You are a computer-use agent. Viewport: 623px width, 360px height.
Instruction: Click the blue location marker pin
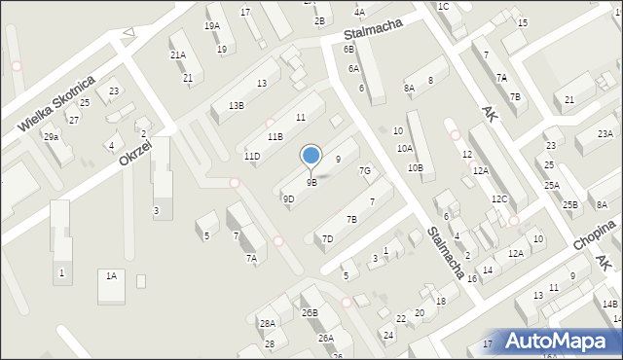click(311, 156)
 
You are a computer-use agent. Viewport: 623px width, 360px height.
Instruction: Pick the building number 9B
click(311, 182)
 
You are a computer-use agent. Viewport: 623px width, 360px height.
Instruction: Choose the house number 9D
click(288, 199)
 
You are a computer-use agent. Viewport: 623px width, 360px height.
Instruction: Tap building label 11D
click(252, 157)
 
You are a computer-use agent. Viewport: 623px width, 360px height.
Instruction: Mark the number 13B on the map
click(236, 105)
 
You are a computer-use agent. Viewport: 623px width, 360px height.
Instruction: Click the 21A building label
click(178, 55)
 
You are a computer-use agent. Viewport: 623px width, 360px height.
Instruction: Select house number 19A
click(211, 25)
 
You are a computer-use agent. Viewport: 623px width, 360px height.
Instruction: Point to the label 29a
click(51, 137)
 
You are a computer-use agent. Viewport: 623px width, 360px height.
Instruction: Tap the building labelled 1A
click(111, 276)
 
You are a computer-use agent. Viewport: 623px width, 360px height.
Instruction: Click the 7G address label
click(365, 171)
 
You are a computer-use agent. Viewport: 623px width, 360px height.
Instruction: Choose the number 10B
click(415, 168)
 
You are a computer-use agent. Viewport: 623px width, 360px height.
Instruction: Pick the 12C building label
click(499, 199)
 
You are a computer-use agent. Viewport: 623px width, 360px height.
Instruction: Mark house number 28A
click(267, 324)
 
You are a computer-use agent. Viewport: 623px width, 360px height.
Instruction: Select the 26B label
click(310, 313)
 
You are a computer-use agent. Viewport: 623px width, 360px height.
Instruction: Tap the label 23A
click(605, 134)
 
